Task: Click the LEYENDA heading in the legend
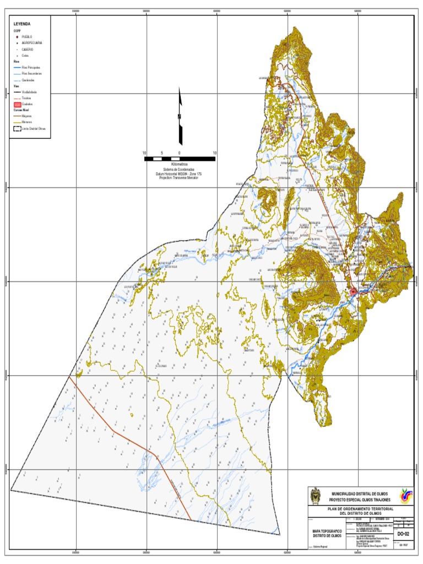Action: click(x=22, y=24)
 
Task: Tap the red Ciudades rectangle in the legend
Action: click(x=17, y=104)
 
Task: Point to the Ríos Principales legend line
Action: click(x=17, y=67)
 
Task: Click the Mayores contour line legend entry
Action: click(x=17, y=116)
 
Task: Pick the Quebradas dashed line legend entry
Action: click(x=17, y=80)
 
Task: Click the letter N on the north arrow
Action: click(x=179, y=117)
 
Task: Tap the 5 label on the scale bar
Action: click(x=161, y=153)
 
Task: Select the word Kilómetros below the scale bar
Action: click(x=179, y=165)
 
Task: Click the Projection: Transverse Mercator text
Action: click(x=179, y=178)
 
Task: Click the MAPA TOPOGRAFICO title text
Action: click(x=327, y=531)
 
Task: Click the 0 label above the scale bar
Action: click(x=179, y=153)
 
